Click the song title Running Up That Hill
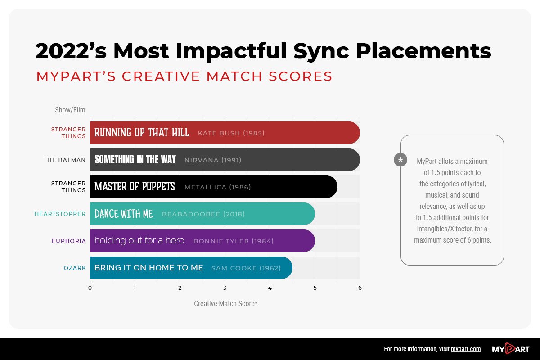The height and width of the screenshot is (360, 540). click(x=142, y=133)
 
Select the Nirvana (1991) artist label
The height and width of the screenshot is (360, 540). click(x=213, y=160)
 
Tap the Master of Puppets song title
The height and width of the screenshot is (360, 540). click(x=135, y=187)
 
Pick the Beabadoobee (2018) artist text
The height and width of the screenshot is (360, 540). click(x=203, y=214)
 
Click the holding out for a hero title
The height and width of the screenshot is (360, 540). click(x=139, y=241)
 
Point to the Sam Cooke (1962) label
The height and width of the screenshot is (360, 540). click(x=246, y=268)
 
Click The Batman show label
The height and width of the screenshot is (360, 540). click(x=64, y=160)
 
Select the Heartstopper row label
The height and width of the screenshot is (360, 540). click(x=60, y=214)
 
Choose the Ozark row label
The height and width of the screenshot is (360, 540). click(x=74, y=268)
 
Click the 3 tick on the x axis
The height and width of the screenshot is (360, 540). click(x=225, y=288)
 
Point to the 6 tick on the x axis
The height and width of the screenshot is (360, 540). click(x=360, y=288)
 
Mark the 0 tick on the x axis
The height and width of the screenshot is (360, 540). click(x=90, y=288)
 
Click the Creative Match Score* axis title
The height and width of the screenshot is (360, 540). click(x=225, y=303)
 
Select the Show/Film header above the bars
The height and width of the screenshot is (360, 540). click(x=70, y=110)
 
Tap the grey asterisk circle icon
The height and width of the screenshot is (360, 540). click(x=400, y=160)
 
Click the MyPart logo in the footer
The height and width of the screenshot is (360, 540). click(x=510, y=349)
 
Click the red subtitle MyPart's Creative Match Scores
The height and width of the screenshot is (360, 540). click(x=184, y=76)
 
